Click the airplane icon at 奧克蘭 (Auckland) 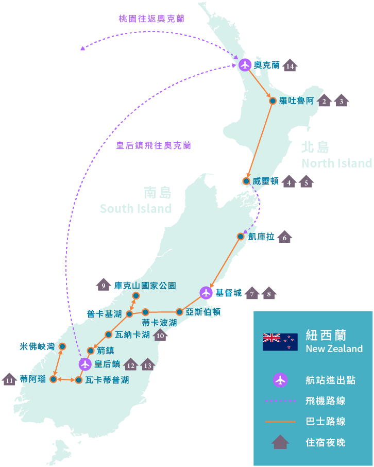click(245, 65)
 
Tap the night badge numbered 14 click(290, 65)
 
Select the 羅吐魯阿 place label click(296, 101)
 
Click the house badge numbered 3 click(341, 101)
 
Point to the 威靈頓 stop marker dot click(246, 181)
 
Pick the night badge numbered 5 click(306, 182)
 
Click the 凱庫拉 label click(261, 237)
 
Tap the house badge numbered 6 click(284, 237)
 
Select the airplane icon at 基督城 click(206, 293)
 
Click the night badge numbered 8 click(269, 294)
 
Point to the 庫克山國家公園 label click(145, 285)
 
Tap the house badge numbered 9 click(104, 285)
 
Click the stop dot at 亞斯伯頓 click(179, 312)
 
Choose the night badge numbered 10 click(160, 335)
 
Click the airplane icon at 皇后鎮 click(85, 364)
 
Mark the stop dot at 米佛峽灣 click(62, 346)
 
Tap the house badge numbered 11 click(9, 380)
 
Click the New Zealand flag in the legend click(280, 342)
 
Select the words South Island click(135, 209)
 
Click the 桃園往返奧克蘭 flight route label click(151, 19)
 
